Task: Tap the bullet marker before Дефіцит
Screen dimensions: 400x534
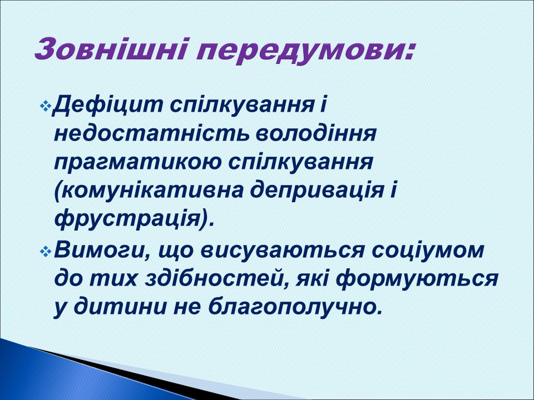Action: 46,106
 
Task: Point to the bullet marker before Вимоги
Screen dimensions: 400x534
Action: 46,251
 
